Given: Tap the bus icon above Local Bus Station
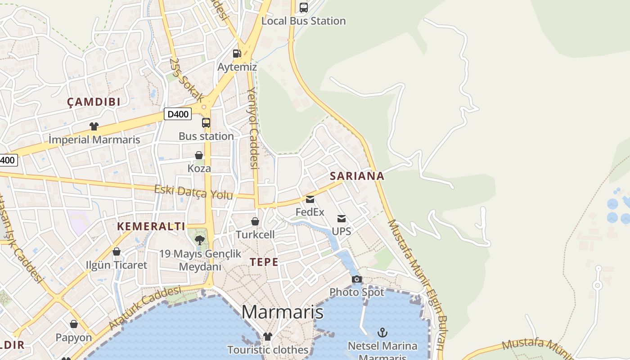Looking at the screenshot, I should [304, 7].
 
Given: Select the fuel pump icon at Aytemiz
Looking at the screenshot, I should [237, 54].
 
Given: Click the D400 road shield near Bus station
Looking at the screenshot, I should [178, 114].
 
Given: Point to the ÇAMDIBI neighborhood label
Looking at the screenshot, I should [94, 102].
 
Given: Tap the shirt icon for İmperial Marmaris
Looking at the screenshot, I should [94, 126].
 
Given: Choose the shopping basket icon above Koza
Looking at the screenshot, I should [199, 155].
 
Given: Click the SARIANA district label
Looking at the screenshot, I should [357, 176].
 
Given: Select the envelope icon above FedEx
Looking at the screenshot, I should [310, 199].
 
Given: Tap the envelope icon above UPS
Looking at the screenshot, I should [342, 219].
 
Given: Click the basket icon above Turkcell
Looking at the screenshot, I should [255, 221].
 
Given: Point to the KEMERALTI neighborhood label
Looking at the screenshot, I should [151, 226].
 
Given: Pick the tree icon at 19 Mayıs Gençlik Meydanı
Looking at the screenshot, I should [200, 240].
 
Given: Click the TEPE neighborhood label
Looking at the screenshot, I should [264, 262].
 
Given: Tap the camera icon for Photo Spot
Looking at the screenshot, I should [357, 279].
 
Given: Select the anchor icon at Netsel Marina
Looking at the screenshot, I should [382, 333].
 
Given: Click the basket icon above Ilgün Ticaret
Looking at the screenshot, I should [117, 252].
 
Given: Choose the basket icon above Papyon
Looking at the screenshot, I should [74, 324].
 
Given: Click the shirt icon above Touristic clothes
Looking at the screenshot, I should [268, 337].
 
